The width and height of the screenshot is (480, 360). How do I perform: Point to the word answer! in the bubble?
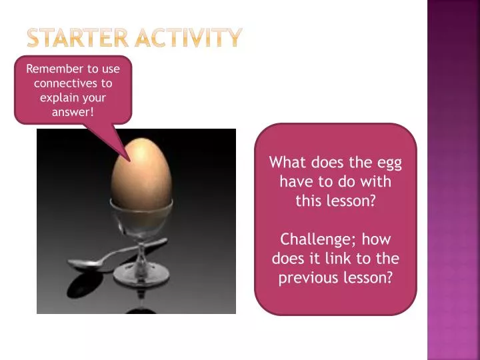(73, 112)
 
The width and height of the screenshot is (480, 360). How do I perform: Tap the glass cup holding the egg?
(141, 217)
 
